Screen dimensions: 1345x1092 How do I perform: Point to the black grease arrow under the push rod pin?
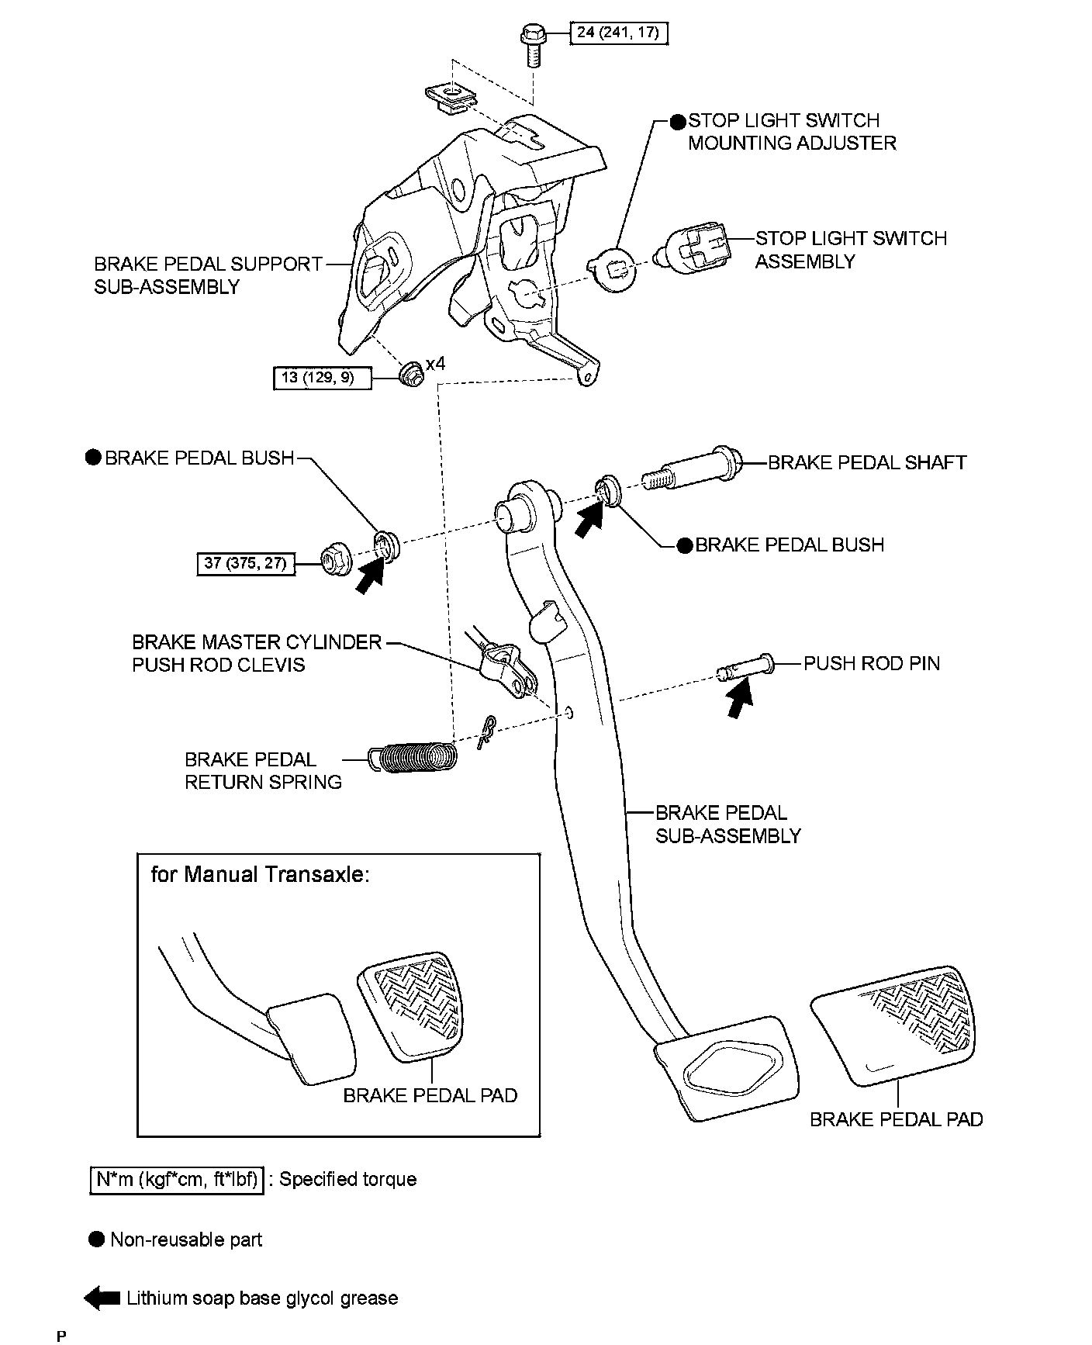tap(740, 698)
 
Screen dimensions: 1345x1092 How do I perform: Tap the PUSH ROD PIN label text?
tap(871, 663)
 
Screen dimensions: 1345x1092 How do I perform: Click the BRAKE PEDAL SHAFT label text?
tap(867, 463)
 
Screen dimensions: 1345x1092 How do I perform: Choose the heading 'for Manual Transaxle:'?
tap(260, 874)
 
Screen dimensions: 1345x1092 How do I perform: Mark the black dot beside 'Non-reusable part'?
tap(96, 1239)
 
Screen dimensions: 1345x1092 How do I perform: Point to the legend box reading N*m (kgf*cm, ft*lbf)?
tap(177, 1180)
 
